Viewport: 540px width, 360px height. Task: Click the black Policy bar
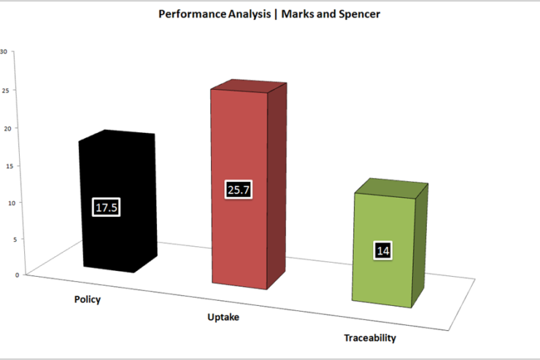click(x=117, y=202)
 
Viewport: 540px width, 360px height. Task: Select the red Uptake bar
click(x=249, y=184)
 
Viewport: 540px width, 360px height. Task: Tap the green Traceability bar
click(x=390, y=243)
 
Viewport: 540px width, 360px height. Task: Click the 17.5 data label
click(x=107, y=207)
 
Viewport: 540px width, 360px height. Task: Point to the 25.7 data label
click(x=239, y=189)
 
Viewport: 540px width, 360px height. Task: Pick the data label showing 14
click(x=383, y=250)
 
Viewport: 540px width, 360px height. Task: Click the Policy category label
click(x=88, y=299)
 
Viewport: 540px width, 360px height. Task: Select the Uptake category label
click(x=223, y=317)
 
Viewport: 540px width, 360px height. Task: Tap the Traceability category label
click(x=370, y=338)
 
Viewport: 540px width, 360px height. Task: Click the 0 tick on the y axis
click(x=17, y=275)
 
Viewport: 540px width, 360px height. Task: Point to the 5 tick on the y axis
click(x=15, y=239)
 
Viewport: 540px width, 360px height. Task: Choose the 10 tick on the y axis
click(x=12, y=203)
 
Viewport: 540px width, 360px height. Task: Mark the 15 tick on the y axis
click(x=9, y=166)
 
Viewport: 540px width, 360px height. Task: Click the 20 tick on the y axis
click(x=7, y=129)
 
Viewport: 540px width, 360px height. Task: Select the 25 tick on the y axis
click(x=5, y=91)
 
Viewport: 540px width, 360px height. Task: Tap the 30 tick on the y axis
click(x=4, y=52)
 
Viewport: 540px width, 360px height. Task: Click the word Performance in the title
click(x=192, y=14)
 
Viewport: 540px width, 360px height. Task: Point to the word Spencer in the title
click(x=360, y=14)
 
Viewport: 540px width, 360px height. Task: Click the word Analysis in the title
click(x=249, y=14)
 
